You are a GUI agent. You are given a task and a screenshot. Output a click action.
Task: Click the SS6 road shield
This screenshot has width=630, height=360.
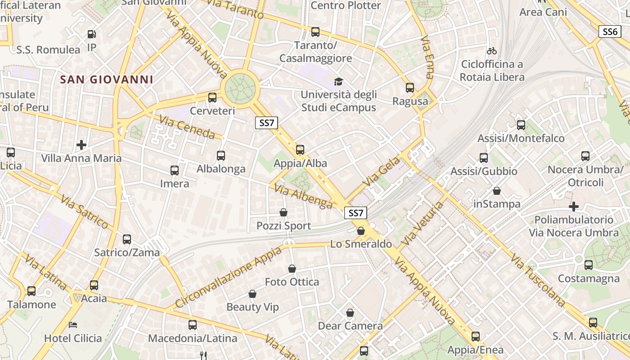(x=610, y=31)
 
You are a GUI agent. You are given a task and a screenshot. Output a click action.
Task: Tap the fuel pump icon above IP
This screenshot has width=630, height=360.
(x=91, y=34)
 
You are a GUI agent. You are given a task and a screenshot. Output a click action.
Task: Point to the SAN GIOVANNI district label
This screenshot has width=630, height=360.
(x=107, y=80)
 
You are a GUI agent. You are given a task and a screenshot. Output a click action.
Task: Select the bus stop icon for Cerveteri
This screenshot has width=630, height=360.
(x=212, y=97)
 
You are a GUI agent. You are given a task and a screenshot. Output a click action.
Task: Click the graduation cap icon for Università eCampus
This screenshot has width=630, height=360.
(x=338, y=81)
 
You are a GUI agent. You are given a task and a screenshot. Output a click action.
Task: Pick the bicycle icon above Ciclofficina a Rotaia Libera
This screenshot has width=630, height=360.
(x=492, y=51)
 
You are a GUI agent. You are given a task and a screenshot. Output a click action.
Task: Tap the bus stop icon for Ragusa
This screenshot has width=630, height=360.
(x=410, y=88)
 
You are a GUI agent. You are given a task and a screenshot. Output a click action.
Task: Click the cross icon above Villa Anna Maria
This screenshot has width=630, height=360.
(x=81, y=145)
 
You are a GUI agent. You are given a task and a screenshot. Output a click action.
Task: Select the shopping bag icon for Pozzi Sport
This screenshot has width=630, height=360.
(x=283, y=212)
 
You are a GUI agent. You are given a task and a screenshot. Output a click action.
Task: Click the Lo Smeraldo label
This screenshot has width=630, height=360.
(x=361, y=244)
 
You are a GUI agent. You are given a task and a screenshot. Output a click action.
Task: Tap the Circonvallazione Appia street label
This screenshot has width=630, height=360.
(x=228, y=277)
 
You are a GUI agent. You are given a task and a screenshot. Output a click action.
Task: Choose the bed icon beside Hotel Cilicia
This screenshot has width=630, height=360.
(x=73, y=324)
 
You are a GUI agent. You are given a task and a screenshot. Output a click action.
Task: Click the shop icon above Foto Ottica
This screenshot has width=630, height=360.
(x=292, y=269)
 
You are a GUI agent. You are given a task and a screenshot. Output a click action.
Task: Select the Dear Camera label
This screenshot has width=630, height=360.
(x=350, y=326)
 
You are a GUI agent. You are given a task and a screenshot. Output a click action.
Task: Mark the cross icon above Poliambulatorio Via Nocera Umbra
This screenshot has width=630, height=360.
(x=574, y=207)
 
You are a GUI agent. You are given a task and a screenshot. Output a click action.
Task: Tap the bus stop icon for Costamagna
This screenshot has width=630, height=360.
(x=589, y=265)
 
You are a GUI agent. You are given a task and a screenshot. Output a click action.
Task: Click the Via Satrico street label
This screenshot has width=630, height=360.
(x=84, y=211)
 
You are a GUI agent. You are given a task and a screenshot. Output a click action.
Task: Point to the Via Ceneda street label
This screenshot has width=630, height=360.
(x=187, y=127)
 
